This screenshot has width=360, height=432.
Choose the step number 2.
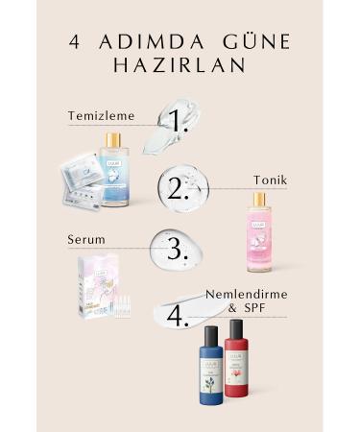(177, 186)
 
